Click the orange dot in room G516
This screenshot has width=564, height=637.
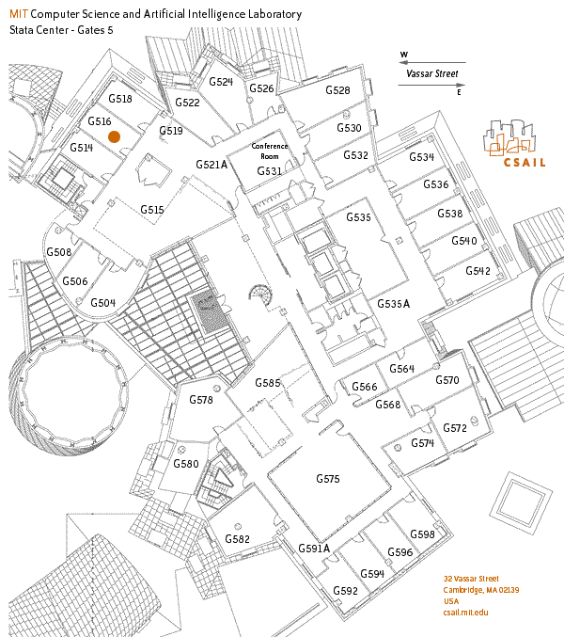point(114,136)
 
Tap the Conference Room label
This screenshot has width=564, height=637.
point(269,151)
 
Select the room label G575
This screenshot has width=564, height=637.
point(326,480)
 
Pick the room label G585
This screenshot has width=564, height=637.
point(268,383)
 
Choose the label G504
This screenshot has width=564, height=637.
point(102,303)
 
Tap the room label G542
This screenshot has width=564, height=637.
point(478,270)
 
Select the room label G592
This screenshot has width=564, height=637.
point(345,591)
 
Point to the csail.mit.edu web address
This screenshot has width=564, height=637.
point(467,612)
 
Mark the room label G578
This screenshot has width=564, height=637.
point(201,400)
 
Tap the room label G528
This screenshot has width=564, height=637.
point(337,90)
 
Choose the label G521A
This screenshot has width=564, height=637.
point(212,165)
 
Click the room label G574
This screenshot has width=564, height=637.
point(421,443)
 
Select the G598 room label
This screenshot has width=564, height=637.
point(423,534)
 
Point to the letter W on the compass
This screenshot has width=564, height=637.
point(404,55)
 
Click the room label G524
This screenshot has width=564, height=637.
point(221,82)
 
